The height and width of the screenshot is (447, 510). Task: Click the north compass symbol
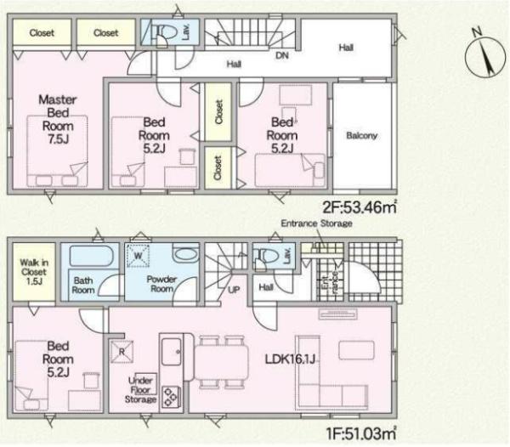coord(485,56)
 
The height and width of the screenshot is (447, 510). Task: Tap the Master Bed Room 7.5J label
coord(58,119)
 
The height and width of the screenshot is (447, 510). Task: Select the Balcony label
coord(362,135)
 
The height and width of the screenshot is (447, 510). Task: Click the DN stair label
coord(282,55)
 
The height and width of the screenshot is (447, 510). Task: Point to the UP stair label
coord(234,289)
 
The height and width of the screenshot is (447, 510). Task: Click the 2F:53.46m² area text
coord(360,207)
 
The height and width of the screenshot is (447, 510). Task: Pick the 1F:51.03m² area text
coord(361,433)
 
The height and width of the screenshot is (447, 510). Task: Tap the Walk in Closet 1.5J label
coord(34,272)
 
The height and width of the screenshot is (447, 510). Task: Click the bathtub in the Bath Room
coord(92,256)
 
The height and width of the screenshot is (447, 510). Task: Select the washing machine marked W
coord(139,256)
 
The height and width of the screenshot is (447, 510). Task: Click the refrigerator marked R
coord(122,352)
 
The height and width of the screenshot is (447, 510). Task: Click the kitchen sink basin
coord(172,352)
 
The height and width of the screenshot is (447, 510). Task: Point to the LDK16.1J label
coord(290,359)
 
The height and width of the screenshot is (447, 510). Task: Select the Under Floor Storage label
coord(140,390)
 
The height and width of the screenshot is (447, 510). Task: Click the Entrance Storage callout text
coord(316,223)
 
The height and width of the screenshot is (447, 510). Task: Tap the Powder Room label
coord(161,284)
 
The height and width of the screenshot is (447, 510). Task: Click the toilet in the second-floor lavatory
coord(167,31)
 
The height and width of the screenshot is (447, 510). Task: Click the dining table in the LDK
coord(222,362)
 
